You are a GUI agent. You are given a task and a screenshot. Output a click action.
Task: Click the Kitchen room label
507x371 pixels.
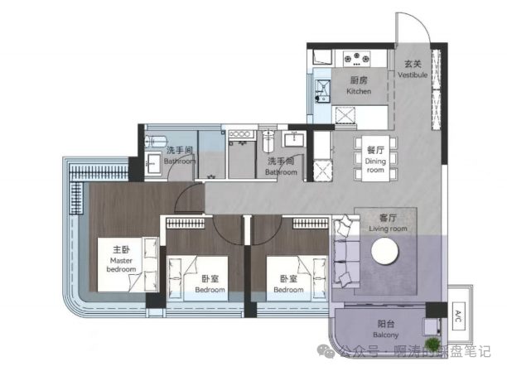click(359, 85)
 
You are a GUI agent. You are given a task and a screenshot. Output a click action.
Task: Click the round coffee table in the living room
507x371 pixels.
click(386, 253)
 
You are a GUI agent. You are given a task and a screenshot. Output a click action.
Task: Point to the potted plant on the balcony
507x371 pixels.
click(430, 342)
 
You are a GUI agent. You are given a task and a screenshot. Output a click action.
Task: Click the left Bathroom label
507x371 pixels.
click(180, 156)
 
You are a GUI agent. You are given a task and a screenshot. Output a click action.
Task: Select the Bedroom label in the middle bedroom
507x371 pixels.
click(211, 285)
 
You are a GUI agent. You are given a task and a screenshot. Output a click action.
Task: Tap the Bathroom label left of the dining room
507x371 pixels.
click(281, 167)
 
